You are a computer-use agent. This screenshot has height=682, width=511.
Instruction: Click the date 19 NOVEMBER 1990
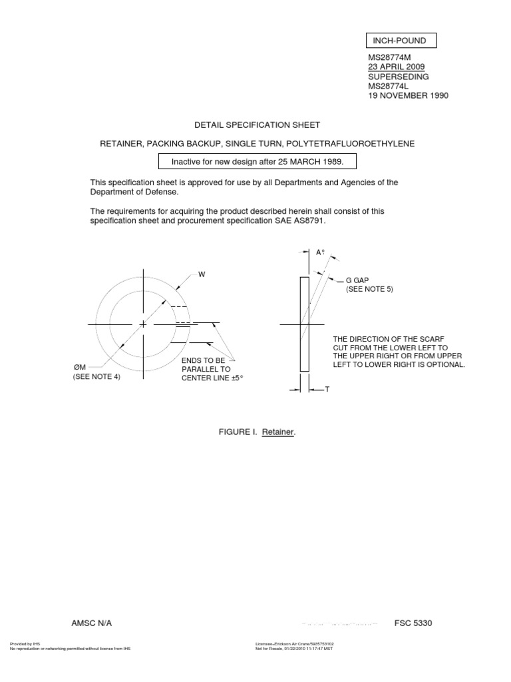(408, 95)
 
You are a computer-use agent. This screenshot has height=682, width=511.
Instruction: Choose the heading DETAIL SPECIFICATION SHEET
(257, 125)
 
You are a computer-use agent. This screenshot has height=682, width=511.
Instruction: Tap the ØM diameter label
(79, 368)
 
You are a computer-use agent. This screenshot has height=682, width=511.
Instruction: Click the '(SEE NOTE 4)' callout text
(96, 377)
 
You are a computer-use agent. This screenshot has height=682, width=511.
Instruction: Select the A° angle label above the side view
(319, 252)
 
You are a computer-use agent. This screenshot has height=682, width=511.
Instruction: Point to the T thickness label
(327, 389)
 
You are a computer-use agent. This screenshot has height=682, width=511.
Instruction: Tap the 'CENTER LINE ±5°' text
(208, 378)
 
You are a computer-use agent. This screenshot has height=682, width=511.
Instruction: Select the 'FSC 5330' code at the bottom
(413, 623)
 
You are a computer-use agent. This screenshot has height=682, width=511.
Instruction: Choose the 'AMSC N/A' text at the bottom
(92, 623)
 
